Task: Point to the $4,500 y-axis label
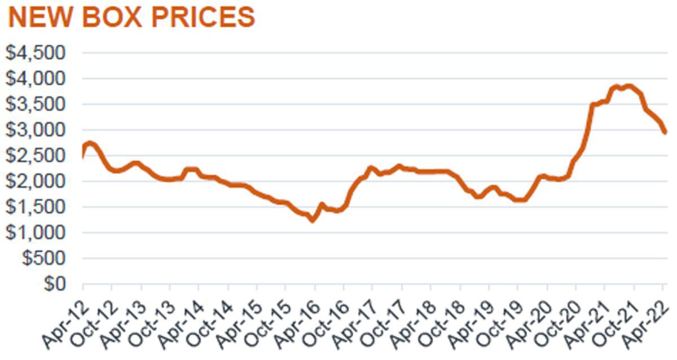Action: [36, 53]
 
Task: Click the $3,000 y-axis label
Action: [36, 130]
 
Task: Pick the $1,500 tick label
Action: [36, 207]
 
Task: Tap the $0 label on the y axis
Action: [55, 284]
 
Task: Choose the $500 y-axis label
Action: [43, 258]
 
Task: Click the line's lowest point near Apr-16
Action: [312, 221]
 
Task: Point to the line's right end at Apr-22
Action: [665, 132]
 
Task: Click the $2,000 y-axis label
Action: [36, 181]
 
